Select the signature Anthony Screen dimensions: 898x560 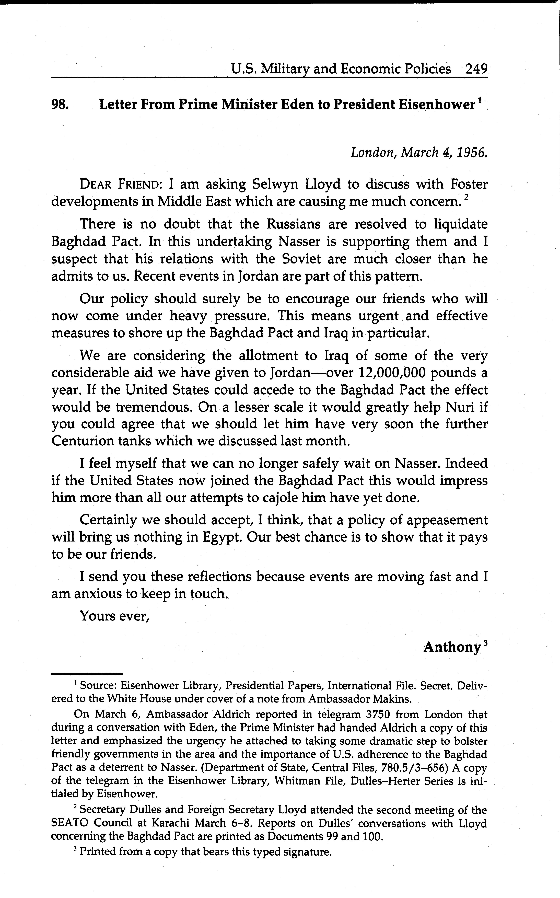click(452, 647)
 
